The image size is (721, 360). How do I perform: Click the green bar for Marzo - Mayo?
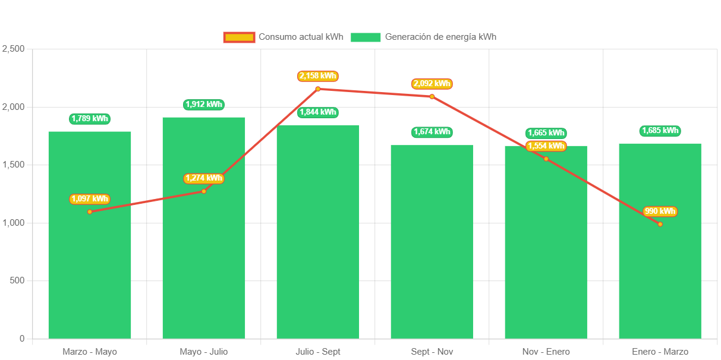coord(90,267)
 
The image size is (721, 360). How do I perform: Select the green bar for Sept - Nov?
coord(432,250)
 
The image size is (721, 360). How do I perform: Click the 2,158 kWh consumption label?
coord(318,76)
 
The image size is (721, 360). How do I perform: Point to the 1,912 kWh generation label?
coord(204,105)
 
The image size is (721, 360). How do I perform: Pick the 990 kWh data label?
coord(660,211)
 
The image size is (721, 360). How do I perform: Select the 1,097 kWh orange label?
coord(90,199)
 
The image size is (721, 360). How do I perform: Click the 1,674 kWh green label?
coord(432,132)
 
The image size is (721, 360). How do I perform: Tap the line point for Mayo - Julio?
coord(204,191)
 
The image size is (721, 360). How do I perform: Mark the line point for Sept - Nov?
coord(432,96)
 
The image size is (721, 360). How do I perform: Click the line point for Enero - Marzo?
coord(660,224)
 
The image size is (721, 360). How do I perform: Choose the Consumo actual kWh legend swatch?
coord(239,37)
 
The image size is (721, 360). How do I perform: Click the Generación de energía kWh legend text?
coord(440,37)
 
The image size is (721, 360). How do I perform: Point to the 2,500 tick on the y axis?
coord(13,49)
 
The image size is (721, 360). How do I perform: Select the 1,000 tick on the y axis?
coord(13,223)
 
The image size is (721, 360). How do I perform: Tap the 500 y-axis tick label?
coord(17,280)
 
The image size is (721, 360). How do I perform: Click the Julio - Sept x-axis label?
coord(318,352)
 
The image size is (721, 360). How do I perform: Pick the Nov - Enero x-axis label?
coord(546,352)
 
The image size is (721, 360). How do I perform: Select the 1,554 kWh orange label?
coord(546,146)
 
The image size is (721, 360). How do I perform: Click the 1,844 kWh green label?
coord(318,112)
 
